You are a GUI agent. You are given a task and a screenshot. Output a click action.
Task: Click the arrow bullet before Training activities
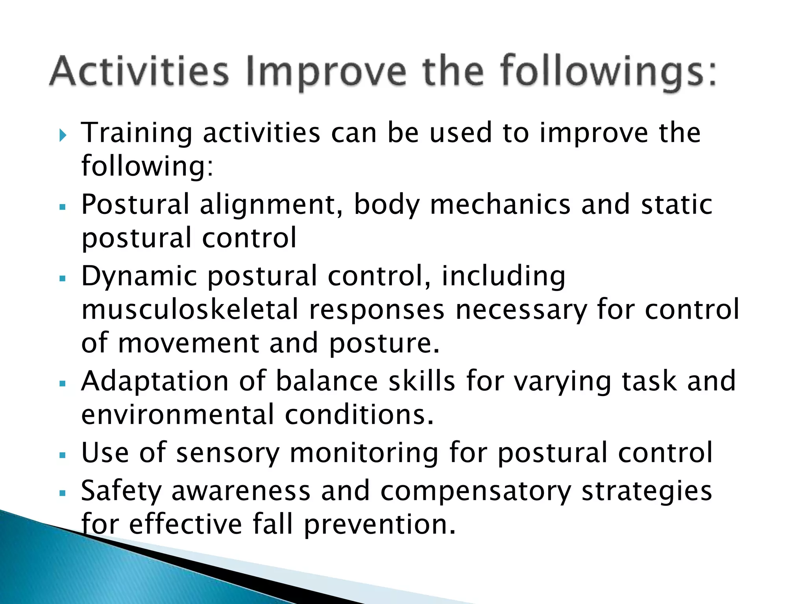[63, 136]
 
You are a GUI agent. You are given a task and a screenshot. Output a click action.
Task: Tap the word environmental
[177, 415]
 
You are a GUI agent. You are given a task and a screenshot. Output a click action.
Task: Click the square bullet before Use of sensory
[62, 455]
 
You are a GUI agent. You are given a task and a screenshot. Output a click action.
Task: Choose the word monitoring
[364, 453]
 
